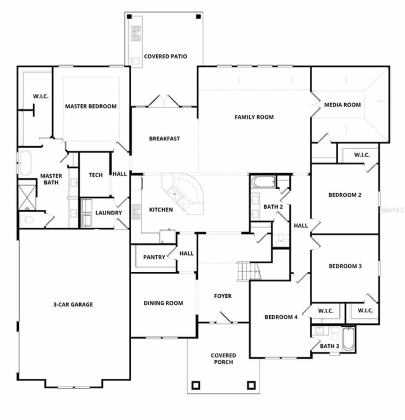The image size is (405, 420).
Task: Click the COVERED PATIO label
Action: (x=165, y=56)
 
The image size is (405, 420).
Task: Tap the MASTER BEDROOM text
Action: (x=91, y=106)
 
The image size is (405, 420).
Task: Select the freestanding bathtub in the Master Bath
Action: (x=24, y=163)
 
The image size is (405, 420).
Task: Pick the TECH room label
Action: (x=96, y=175)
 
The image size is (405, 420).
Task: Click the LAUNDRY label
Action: (x=109, y=213)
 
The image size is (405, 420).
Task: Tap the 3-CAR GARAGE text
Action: (x=73, y=305)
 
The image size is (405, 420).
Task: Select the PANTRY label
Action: (x=154, y=257)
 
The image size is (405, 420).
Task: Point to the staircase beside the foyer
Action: (x=248, y=271)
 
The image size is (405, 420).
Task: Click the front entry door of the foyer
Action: (x=224, y=318)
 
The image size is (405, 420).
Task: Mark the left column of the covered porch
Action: (x=196, y=385)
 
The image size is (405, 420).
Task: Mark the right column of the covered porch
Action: (x=251, y=385)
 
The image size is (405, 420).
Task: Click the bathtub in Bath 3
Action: (x=348, y=339)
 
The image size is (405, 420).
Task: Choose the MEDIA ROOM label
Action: (x=342, y=105)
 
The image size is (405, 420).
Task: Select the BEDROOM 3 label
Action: (x=345, y=266)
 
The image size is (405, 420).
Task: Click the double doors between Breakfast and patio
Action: (x=164, y=101)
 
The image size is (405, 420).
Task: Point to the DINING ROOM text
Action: (x=163, y=303)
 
